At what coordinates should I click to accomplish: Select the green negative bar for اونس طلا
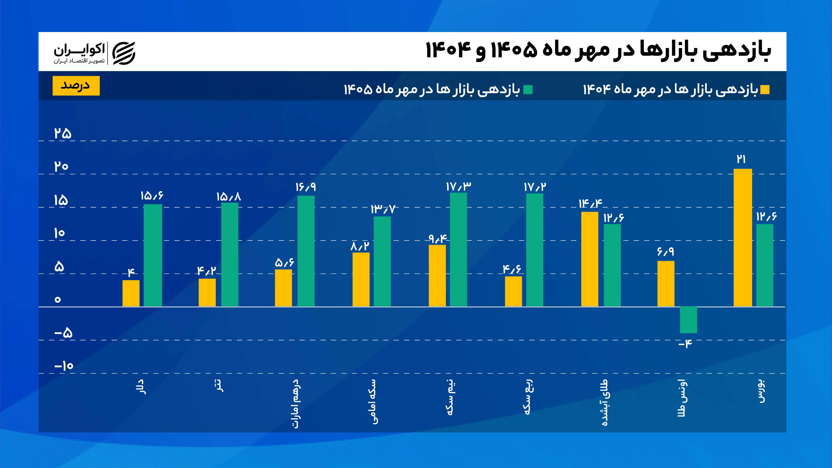tap(688, 320)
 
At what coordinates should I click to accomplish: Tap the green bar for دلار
tap(153, 255)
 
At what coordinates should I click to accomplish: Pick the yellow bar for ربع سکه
tap(513, 291)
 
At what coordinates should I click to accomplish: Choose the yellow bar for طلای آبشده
tap(590, 259)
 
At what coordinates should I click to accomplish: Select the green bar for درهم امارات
tap(306, 251)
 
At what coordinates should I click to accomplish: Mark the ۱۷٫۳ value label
tap(458, 186)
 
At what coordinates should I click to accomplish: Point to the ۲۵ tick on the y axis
tap(63, 133)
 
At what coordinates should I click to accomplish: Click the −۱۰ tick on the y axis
tap(64, 366)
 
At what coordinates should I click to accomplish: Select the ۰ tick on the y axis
tap(57, 299)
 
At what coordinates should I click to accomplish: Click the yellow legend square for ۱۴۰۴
tap(765, 90)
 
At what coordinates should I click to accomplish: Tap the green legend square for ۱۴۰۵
tap(528, 90)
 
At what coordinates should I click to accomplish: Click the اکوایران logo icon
tap(124, 53)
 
